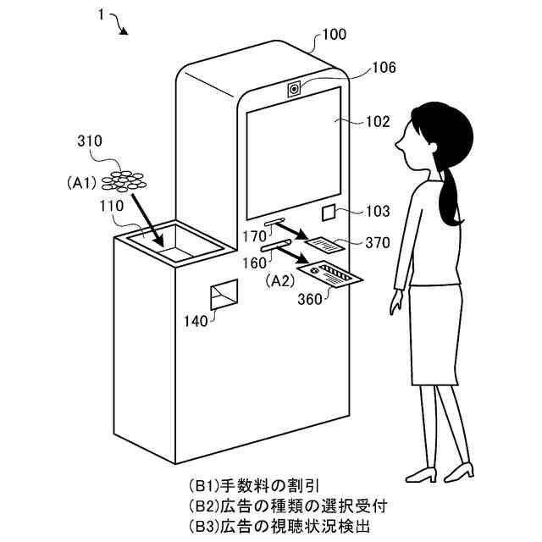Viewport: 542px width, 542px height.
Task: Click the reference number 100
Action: click(335, 36)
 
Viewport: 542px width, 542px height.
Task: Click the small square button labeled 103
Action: click(330, 213)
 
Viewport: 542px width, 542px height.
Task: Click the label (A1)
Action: click(82, 180)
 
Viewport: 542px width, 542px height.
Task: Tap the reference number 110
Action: click(110, 205)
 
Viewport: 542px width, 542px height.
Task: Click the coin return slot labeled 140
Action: click(223, 296)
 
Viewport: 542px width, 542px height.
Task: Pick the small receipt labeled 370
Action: click(324, 246)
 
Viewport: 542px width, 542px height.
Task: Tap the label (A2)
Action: click(280, 279)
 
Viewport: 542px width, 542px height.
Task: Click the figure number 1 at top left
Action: click(101, 15)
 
